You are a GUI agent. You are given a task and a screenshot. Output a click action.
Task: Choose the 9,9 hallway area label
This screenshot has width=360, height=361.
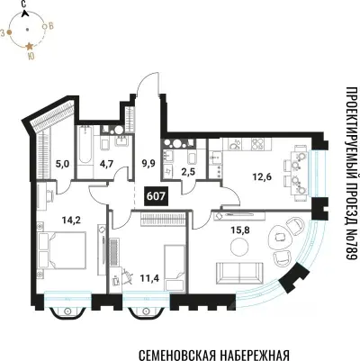(x=148, y=164)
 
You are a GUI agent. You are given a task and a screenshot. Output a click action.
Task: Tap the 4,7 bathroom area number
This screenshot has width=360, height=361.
(x=103, y=164)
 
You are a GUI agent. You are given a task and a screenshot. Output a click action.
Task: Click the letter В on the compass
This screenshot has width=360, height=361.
(x=53, y=28)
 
